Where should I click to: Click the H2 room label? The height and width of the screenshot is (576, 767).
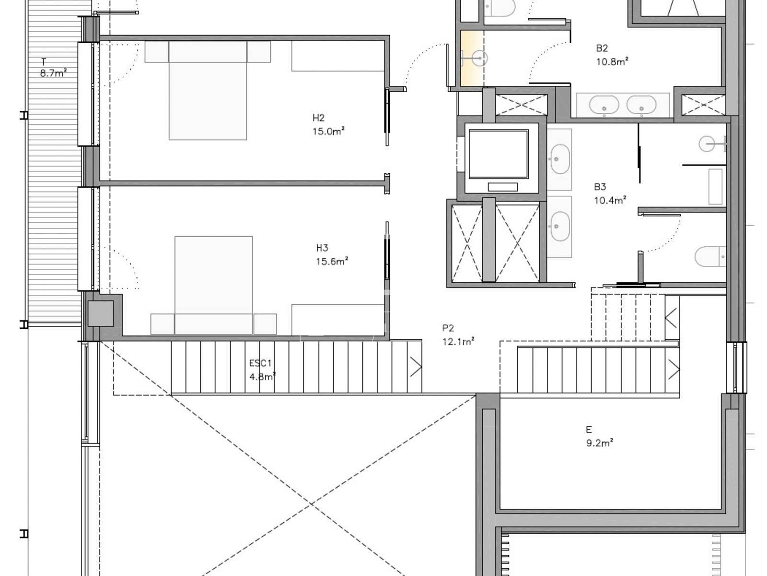(318, 118)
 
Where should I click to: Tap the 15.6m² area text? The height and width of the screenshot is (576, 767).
(332, 261)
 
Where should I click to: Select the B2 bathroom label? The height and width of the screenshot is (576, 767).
(602, 48)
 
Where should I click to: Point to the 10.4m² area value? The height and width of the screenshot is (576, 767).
(610, 200)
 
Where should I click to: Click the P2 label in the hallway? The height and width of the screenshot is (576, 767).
(448, 328)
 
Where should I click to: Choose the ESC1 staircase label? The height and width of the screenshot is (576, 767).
(260, 363)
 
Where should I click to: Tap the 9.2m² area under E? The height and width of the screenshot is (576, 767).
(600, 443)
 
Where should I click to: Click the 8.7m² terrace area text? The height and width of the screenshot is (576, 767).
(53, 73)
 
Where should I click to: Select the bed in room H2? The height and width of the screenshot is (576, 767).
(208, 90)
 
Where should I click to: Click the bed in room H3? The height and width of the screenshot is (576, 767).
(213, 285)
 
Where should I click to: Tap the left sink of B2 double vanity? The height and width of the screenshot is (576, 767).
(604, 105)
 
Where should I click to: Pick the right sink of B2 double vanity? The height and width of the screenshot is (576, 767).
(641, 105)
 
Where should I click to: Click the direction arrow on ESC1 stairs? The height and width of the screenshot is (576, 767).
(416, 367)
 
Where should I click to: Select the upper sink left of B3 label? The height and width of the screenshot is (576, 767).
(560, 159)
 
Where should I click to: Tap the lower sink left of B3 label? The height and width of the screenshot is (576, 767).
(560, 226)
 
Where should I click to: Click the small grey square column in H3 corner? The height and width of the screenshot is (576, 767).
(101, 313)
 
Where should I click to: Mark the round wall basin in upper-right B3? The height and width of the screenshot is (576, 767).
(707, 144)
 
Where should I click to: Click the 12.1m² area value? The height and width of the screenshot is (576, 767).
(458, 341)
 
